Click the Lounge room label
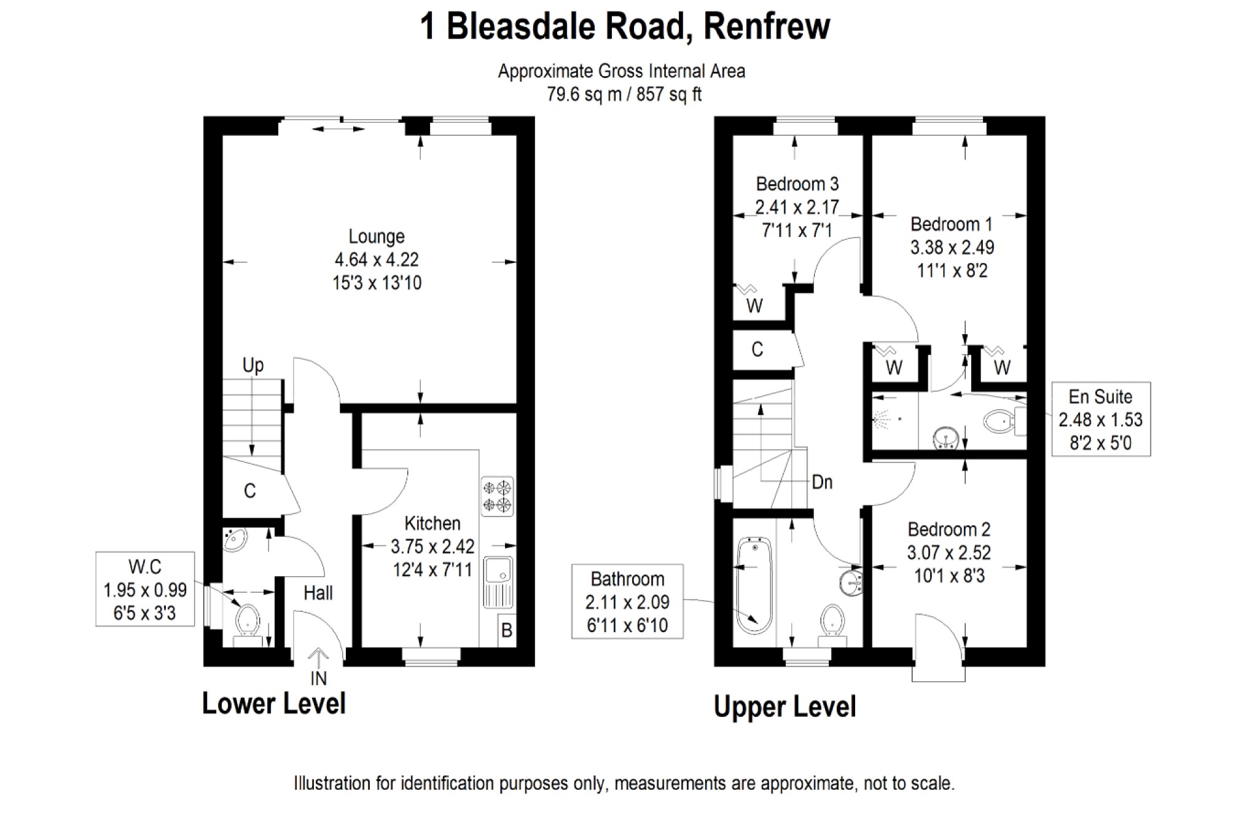377,236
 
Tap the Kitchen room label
432,523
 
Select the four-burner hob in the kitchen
498,496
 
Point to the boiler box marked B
507,630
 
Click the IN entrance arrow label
318,678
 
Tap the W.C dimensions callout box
145,589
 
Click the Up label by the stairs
253,365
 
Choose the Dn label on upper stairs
822,482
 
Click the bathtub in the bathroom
753,585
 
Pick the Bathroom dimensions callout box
627,601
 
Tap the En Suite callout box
1100,419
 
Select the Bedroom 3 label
797,184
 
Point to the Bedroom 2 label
949,529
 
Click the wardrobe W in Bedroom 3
754,305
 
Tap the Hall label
318,593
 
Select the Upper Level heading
784,706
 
